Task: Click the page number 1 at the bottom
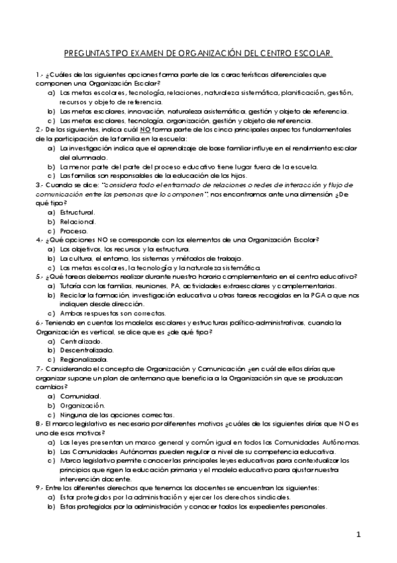pyautogui.click(x=357, y=533)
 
